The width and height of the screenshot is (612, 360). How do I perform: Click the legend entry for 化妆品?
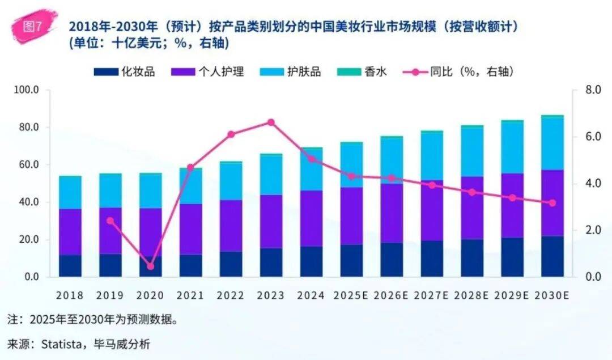point(125,72)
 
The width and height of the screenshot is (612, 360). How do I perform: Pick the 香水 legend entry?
point(362,72)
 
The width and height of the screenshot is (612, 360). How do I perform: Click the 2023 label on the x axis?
point(271,295)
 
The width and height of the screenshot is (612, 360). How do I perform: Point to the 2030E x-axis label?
point(552,295)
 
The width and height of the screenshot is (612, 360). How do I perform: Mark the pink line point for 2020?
point(151,266)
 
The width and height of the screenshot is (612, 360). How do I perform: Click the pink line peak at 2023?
point(271,122)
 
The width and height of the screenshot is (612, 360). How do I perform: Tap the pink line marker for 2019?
point(110,221)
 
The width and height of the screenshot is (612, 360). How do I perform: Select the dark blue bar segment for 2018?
point(70,266)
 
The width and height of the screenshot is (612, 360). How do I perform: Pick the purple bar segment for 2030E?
point(552,203)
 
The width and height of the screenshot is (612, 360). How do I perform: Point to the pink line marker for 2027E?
point(432,185)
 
